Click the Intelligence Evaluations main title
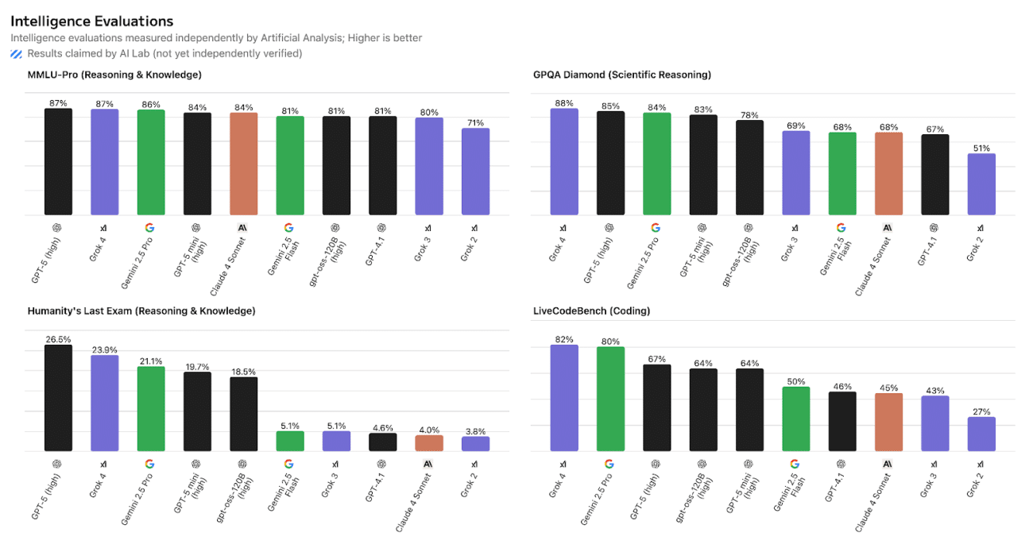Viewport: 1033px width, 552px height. click(x=91, y=21)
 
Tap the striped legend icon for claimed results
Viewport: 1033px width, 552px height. click(x=17, y=54)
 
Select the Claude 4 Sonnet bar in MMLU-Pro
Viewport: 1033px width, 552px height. click(x=244, y=164)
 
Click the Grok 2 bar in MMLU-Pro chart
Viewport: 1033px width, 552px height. click(x=475, y=172)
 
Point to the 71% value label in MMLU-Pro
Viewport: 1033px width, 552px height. click(x=475, y=122)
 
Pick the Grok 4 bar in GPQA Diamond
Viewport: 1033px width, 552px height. click(x=564, y=162)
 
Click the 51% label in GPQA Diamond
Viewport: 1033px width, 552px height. click(x=981, y=148)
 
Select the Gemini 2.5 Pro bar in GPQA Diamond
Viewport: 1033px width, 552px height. click(x=657, y=164)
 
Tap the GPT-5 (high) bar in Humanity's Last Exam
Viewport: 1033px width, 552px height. click(x=58, y=398)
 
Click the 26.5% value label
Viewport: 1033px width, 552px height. click(x=58, y=339)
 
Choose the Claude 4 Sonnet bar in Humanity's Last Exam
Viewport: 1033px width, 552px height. click(x=429, y=443)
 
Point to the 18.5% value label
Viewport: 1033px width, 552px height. click(x=244, y=371)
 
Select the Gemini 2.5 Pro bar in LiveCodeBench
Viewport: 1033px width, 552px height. click(x=610, y=399)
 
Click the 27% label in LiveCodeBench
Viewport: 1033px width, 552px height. click(x=981, y=411)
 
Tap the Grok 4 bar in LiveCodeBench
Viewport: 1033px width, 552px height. click(x=564, y=398)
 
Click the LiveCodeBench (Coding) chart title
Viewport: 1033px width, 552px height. click(x=591, y=311)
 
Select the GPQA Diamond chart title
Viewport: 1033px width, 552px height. click(x=621, y=75)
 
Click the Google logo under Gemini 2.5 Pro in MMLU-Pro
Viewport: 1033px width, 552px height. click(x=150, y=227)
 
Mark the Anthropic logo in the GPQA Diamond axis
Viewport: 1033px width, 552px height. click(x=888, y=227)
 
